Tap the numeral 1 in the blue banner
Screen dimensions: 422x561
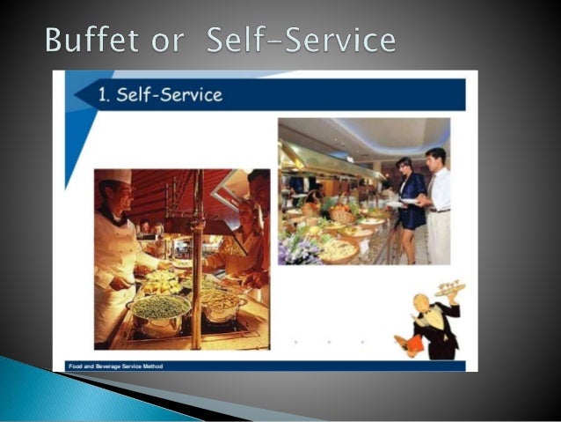point(103,95)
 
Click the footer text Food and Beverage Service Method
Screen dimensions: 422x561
point(115,366)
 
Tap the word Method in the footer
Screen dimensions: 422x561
point(151,366)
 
